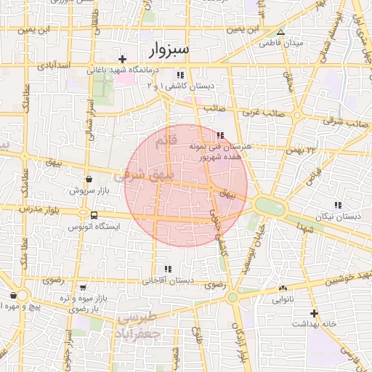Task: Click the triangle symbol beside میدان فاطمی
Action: (281, 32)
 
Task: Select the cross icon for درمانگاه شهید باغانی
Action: (123, 59)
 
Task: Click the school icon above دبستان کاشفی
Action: (180, 75)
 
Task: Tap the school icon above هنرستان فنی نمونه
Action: (220, 135)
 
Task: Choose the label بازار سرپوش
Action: (89, 190)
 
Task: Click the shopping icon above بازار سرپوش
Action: (89, 179)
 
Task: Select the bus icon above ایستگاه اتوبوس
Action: (94, 215)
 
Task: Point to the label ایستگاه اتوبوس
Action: (94, 227)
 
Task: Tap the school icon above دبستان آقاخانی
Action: (168, 268)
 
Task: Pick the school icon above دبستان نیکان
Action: (338, 206)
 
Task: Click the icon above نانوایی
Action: (283, 288)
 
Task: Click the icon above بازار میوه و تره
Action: (82, 288)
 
